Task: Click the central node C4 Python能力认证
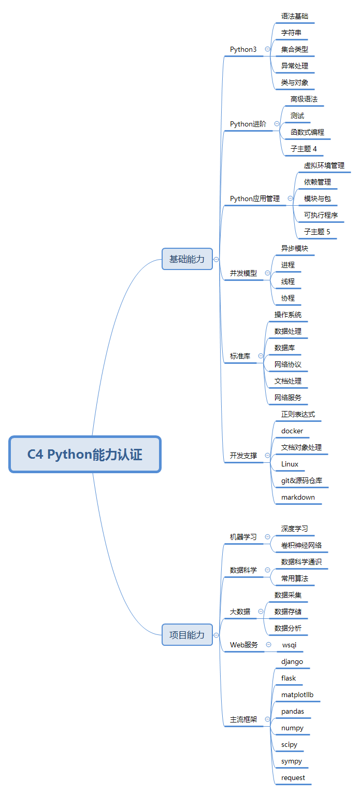(x=85, y=455)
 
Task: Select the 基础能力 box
(x=187, y=259)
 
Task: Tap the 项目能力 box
(x=187, y=635)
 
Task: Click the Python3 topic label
(x=243, y=49)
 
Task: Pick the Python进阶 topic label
(x=248, y=124)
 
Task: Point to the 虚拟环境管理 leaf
(x=324, y=165)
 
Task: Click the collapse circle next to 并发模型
(x=267, y=273)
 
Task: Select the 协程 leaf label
(x=287, y=298)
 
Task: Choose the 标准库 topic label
(x=240, y=356)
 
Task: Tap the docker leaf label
(x=292, y=431)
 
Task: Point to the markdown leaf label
(x=298, y=497)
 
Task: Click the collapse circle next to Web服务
(x=268, y=644)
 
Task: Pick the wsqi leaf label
(x=289, y=645)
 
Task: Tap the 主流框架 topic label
(x=243, y=719)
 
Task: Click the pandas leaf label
(x=293, y=711)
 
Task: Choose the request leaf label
(x=293, y=777)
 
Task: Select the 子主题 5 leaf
(x=317, y=232)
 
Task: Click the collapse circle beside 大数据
(x=261, y=612)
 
